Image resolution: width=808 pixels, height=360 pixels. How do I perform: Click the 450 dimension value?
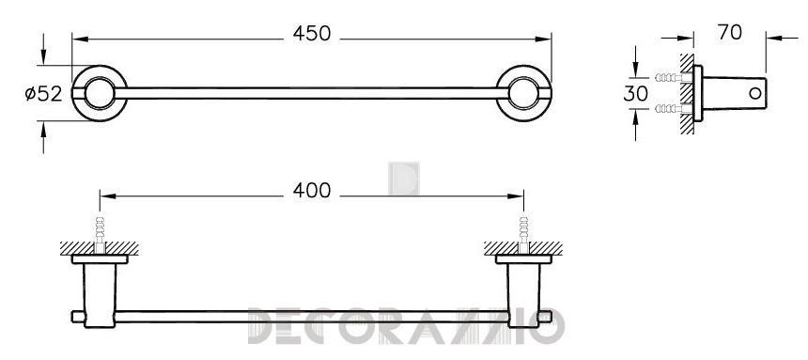tap(311, 34)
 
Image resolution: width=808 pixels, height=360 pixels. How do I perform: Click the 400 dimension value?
tap(311, 191)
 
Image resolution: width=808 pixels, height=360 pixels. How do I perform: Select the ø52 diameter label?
tap(44, 94)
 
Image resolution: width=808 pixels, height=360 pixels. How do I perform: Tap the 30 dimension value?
tap(635, 94)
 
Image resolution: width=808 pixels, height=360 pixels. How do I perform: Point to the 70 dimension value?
tap(730, 33)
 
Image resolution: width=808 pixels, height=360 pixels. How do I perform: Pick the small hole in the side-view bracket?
tap(755, 93)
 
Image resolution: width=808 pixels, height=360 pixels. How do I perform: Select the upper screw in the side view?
tap(674, 78)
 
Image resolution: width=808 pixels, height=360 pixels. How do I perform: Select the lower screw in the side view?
tap(674, 108)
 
